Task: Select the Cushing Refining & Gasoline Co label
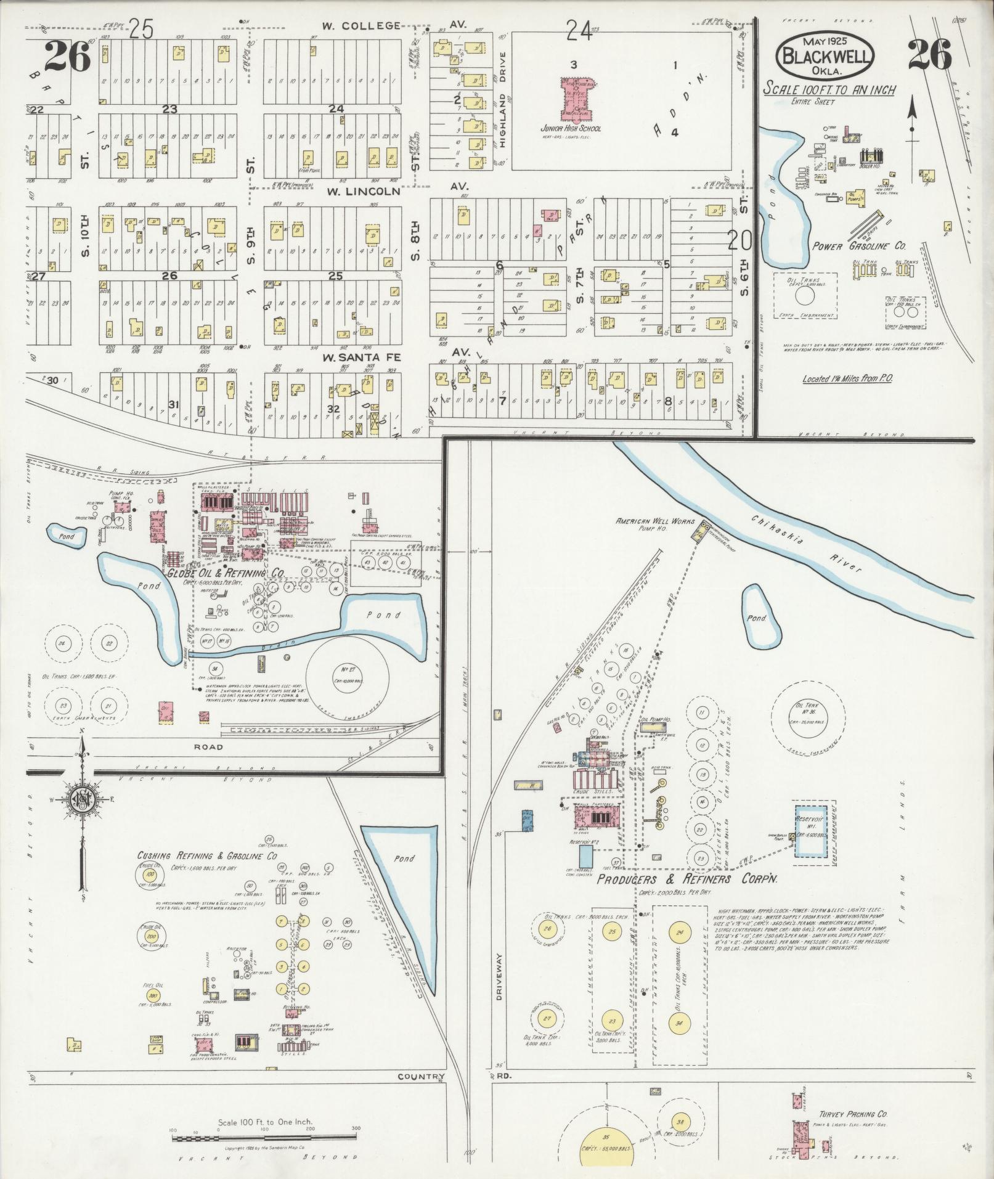(206, 856)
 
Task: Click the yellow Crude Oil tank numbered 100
(149, 875)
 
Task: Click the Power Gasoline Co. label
(859, 245)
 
